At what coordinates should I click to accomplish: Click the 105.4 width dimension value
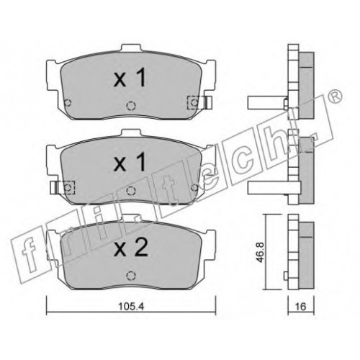tap(131, 307)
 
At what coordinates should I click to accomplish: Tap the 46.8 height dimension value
tap(261, 253)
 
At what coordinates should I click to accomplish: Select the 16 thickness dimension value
tap(300, 307)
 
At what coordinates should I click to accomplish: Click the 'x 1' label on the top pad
tap(130, 78)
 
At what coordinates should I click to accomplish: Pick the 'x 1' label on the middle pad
tap(130, 162)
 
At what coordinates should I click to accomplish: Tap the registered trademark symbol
tap(335, 96)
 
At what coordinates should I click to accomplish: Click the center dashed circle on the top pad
tap(131, 105)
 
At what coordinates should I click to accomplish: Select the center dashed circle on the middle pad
tap(131, 191)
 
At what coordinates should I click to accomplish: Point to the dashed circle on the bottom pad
tap(130, 275)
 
